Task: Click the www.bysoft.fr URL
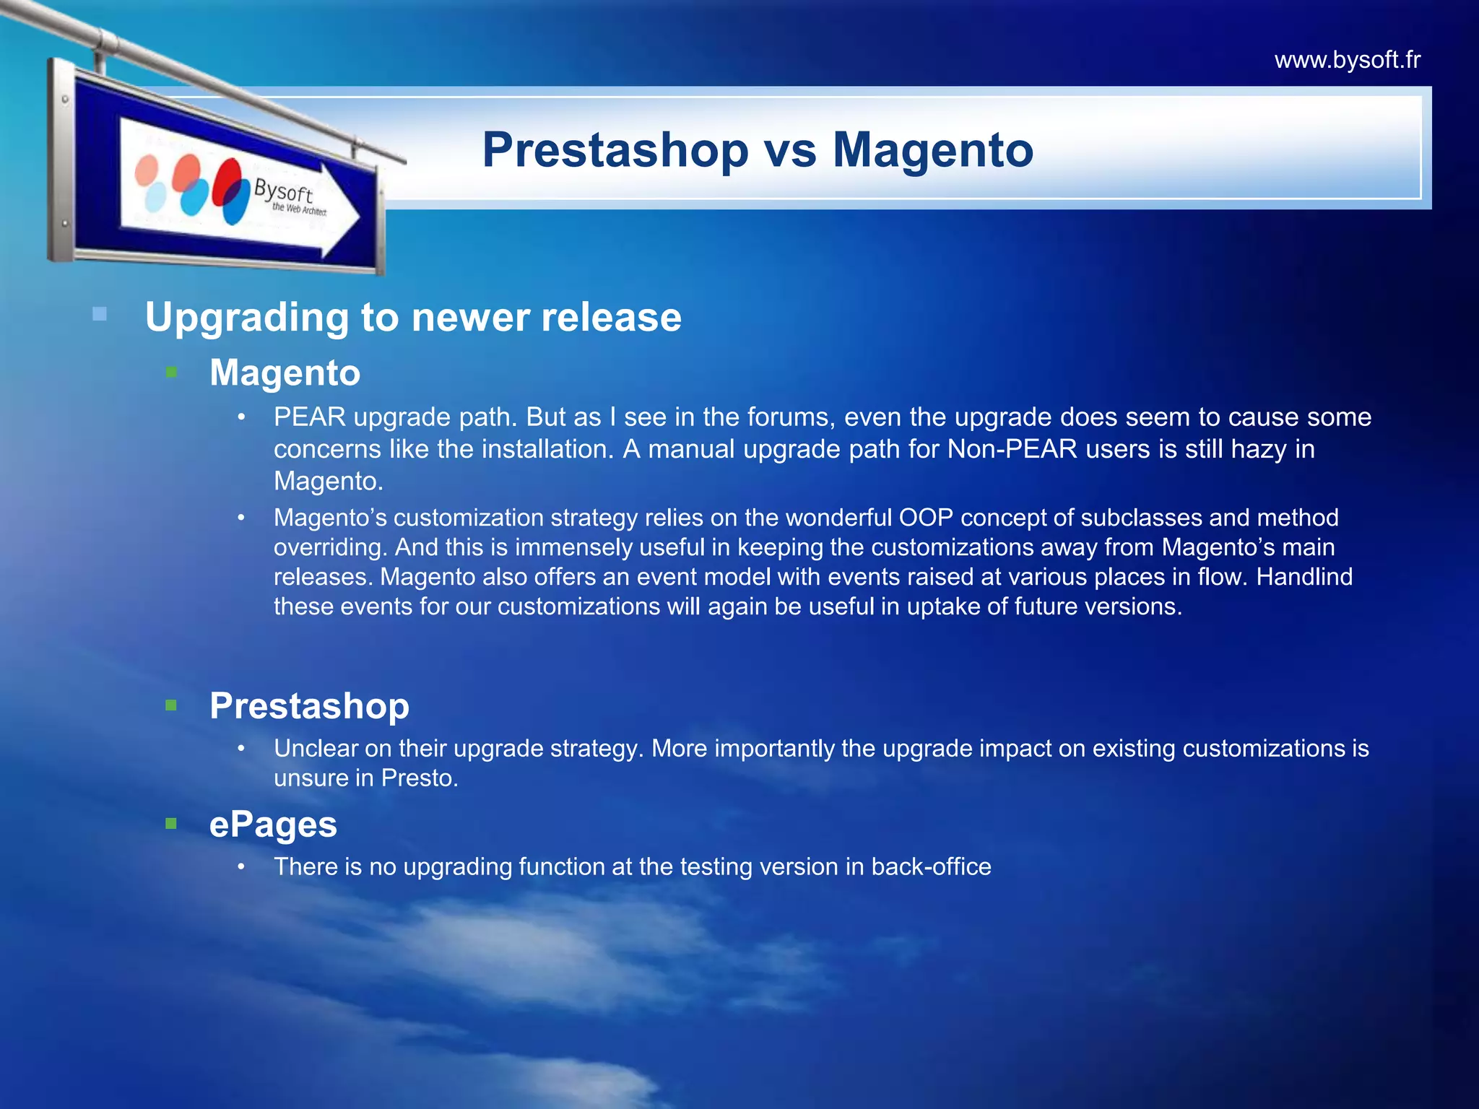pos(1347,60)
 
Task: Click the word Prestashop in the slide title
pos(615,150)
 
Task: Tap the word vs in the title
pos(790,150)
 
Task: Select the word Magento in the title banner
pos(933,150)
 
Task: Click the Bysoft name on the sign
pos(283,192)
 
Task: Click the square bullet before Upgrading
pos(100,314)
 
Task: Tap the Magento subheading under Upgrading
pos(285,373)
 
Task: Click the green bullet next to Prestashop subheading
pos(171,705)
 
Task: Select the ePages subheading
pos(273,824)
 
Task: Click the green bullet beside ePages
pos(171,823)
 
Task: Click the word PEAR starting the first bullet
pos(310,417)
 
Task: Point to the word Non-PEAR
pos(1012,449)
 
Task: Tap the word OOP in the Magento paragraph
pos(926,518)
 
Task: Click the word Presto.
pos(419,778)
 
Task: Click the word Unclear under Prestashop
pos(316,749)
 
